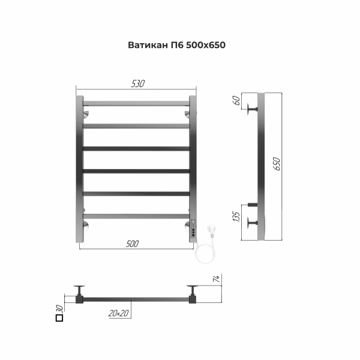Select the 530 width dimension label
click(x=137, y=83)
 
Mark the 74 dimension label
click(x=217, y=277)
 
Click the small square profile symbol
click(x=59, y=319)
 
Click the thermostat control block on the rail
click(x=193, y=231)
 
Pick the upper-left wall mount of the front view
click(x=86, y=113)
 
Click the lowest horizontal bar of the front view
click(x=136, y=215)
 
